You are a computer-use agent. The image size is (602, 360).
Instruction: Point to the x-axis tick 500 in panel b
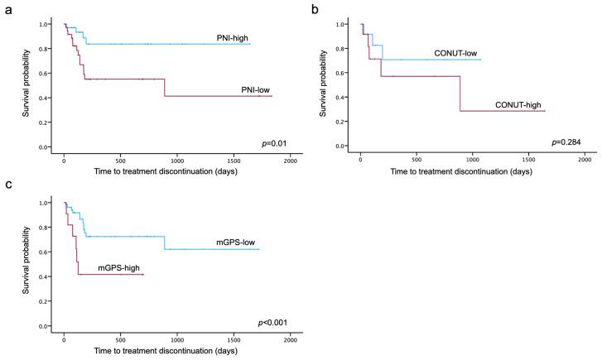[417, 159]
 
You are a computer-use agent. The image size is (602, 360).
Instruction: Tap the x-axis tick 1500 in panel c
[234, 339]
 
